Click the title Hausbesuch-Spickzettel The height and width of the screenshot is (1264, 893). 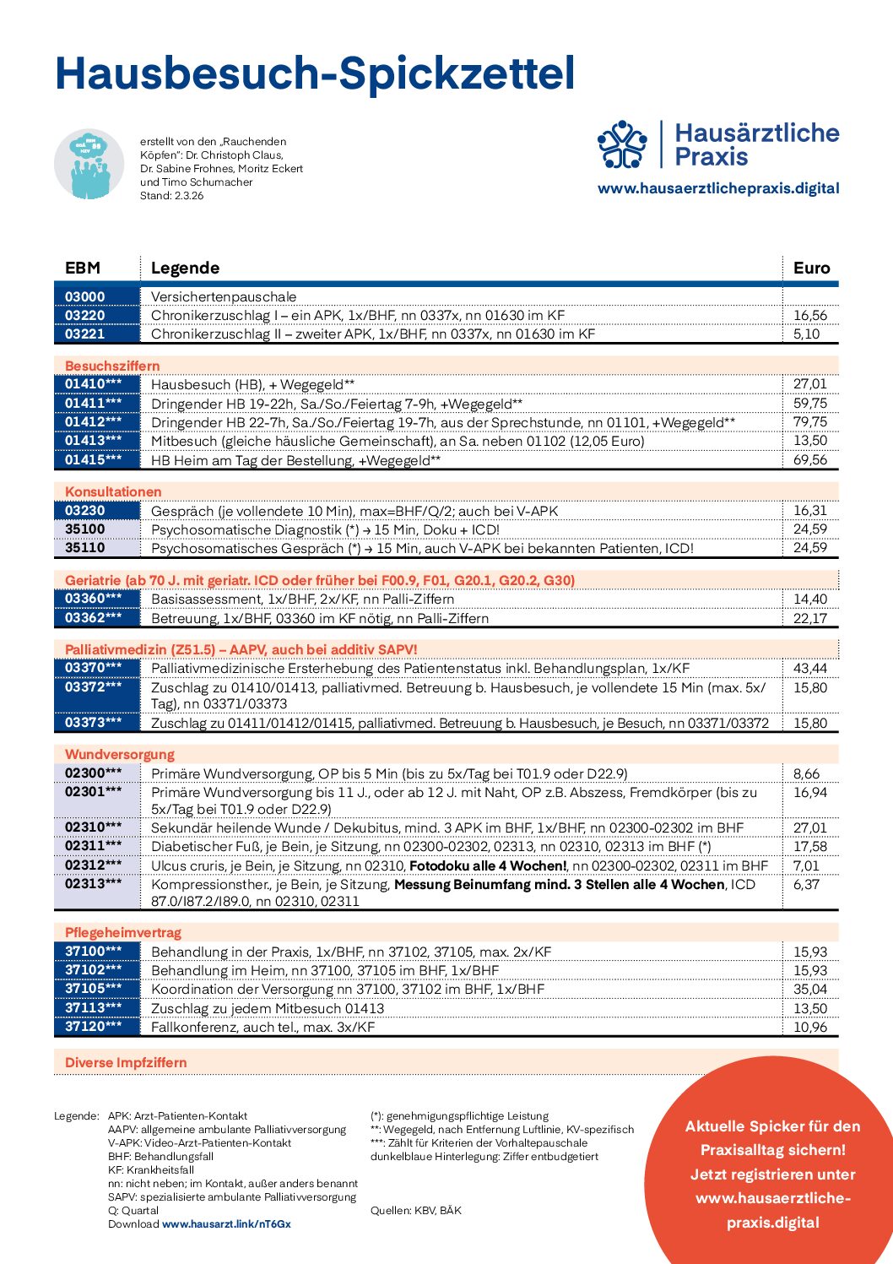(x=315, y=74)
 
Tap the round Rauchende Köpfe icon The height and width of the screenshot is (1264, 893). (x=89, y=164)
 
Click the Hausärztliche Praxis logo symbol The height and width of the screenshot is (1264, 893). (x=622, y=144)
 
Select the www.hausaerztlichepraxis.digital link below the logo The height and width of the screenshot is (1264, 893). (x=718, y=188)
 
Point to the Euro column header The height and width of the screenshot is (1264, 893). (x=811, y=268)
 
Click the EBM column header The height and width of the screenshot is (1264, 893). (x=83, y=268)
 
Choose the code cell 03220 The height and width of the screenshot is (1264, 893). (x=85, y=315)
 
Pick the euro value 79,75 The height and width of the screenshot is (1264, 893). (x=809, y=421)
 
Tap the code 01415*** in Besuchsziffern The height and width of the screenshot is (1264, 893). (x=93, y=459)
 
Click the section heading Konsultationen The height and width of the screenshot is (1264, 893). (x=113, y=491)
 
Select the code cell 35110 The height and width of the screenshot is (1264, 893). (x=85, y=547)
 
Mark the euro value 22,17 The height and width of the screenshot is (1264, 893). (x=809, y=618)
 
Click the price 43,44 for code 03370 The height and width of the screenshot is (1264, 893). (x=809, y=668)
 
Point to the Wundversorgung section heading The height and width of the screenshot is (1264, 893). (x=119, y=754)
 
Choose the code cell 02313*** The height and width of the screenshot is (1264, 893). (x=93, y=884)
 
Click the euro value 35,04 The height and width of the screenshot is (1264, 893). (x=809, y=989)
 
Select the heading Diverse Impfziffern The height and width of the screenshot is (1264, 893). (x=126, y=1062)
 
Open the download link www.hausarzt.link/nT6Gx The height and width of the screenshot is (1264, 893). (x=226, y=1223)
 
